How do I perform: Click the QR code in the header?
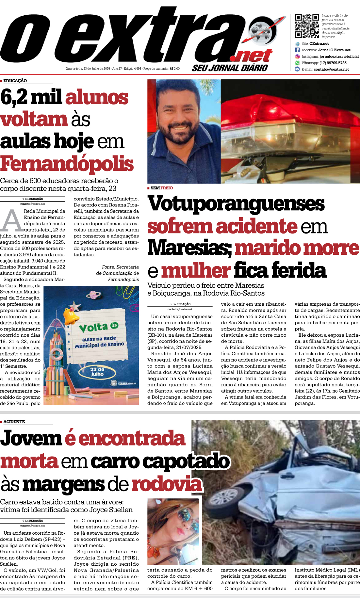point(307,26)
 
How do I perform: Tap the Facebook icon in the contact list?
point(297,50)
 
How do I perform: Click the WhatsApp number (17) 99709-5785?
point(333,63)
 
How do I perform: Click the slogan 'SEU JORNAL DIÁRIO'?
point(230,68)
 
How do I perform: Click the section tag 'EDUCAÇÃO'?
point(15,81)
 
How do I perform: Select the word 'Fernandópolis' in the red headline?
point(67,164)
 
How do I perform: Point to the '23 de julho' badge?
point(97,372)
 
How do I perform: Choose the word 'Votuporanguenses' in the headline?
point(236,203)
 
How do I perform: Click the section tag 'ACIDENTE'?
point(14,422)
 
